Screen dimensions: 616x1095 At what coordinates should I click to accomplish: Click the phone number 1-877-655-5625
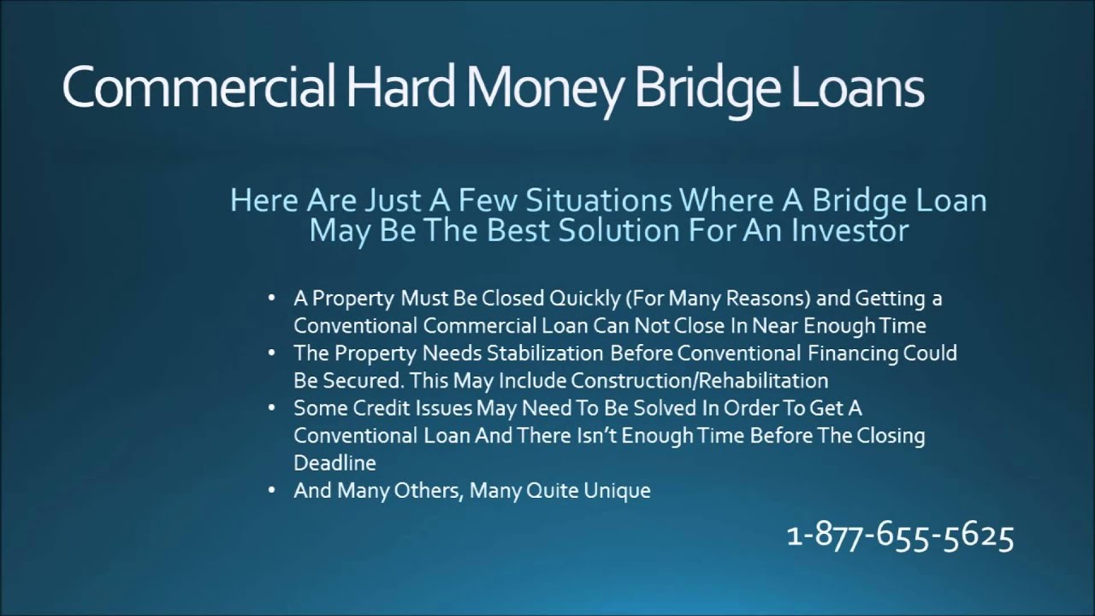pyautogui.click(x=900, y=536)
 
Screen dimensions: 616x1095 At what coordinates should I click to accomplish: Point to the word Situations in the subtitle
pyautogui.click(x=598, y=201)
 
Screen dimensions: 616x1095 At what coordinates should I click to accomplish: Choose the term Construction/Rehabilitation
pyautogui.click(x=700, y=381)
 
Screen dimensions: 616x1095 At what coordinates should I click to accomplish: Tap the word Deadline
pyautogui.click(x=334, y=463)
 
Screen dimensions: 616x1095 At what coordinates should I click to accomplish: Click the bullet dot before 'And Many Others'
pyautogui.click(x=272, y=491)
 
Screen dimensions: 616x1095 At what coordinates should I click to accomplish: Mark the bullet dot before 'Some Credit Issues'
pyautogui.click(x=272, y=408)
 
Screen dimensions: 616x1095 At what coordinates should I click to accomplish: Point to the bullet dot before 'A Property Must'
pyautogui.click(x=272, y=299)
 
